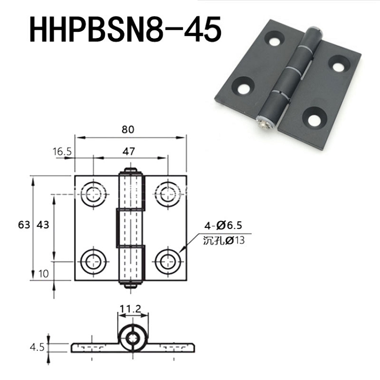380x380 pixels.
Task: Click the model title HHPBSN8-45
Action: pos(125,29)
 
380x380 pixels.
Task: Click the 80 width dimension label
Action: pos(128,130)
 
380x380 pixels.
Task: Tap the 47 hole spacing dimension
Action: pos(129,151)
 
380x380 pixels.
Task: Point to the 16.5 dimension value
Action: pos(62,151)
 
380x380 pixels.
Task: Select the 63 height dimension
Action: pos(24,225)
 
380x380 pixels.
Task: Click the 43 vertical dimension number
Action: pos(43,225)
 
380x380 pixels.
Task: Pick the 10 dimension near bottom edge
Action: pos(44,274)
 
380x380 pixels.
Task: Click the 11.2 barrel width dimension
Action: pos(130,309)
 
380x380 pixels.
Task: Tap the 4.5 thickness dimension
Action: pos(37,347)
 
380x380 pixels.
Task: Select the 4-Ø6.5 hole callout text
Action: pos(223,225)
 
